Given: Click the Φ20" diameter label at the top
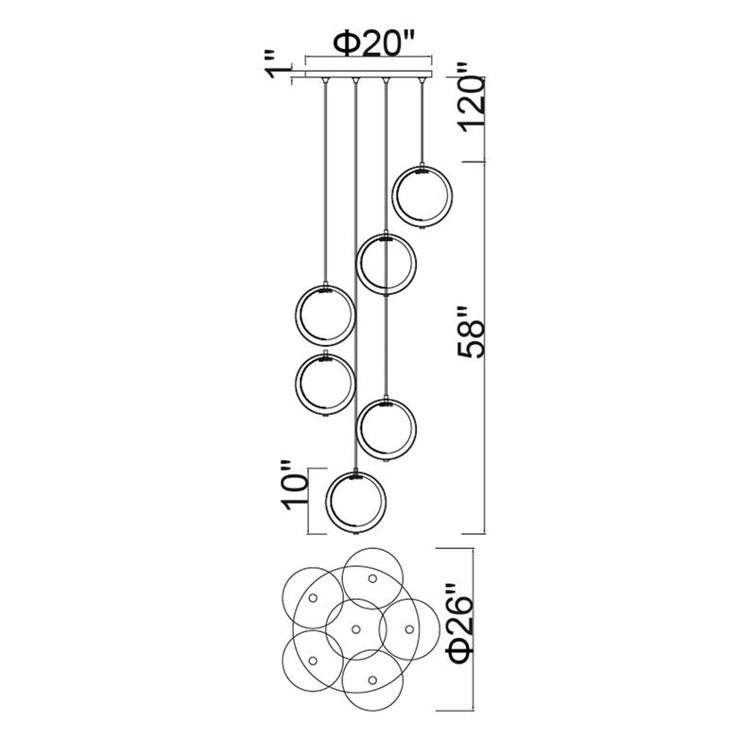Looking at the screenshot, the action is [374, 43].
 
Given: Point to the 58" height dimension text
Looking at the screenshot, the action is [470, 332].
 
